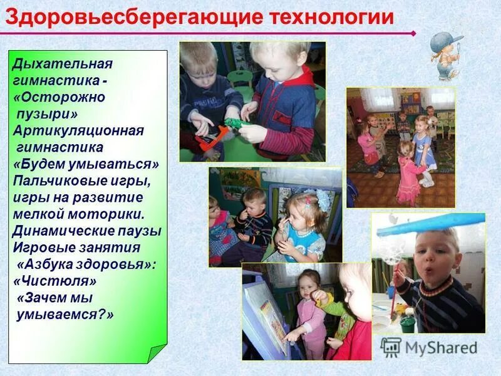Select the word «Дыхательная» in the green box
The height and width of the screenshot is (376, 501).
pyautogui.click(x=63, y=64)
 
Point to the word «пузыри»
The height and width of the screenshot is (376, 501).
pyautogui.click(x=46, y=114)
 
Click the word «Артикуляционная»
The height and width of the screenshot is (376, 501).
pyautogui.click(x=79, y=131)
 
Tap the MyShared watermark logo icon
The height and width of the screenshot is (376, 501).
pyautogui.click(x=391, y=347)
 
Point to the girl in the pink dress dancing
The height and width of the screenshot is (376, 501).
pyautogui.click(x=410, y=169)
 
